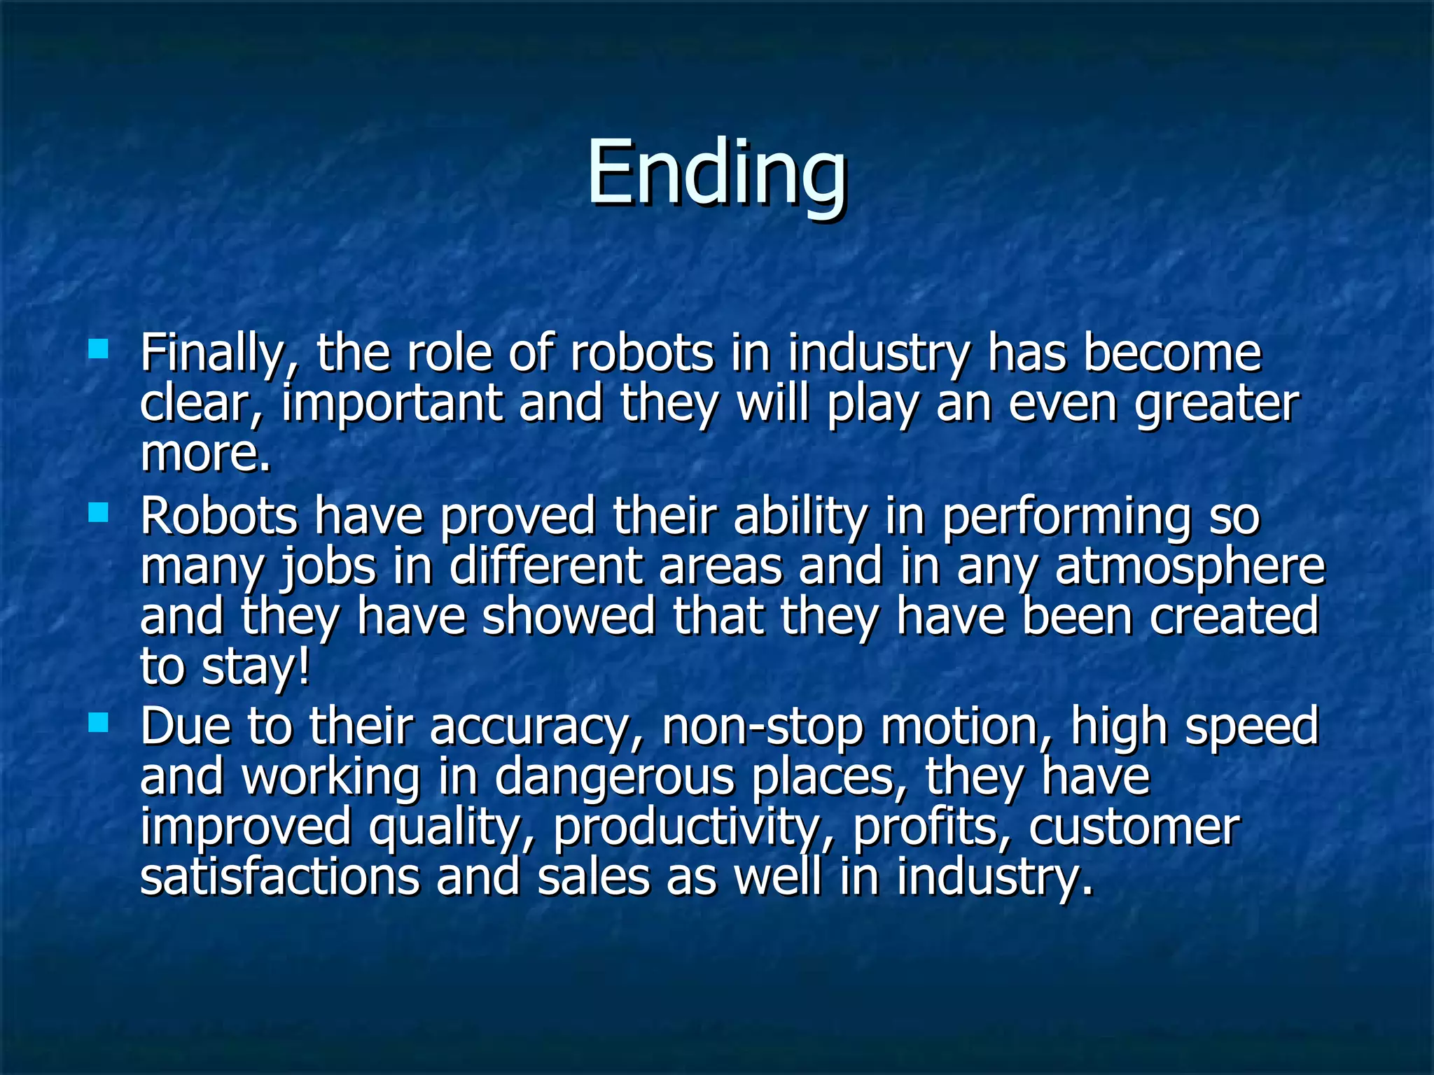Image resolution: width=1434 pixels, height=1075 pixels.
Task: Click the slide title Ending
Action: [716, 173]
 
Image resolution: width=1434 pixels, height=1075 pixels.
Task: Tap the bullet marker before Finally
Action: [99, 349]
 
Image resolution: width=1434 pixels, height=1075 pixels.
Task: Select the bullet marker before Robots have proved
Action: [99, 513]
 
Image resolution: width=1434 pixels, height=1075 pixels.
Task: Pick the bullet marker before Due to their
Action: [99, 722]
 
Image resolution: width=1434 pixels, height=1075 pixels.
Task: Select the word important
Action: [392, 405]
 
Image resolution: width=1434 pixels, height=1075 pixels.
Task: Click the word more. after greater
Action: [205, 454]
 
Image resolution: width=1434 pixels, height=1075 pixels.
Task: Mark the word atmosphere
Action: [1190, 567]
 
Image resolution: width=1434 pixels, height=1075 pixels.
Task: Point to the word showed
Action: [569, 617]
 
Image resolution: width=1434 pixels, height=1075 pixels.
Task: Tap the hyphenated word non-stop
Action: [763, 729]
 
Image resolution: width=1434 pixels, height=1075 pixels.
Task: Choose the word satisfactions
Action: [279, 878]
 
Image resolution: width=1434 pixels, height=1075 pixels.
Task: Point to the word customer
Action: [1134, 828]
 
